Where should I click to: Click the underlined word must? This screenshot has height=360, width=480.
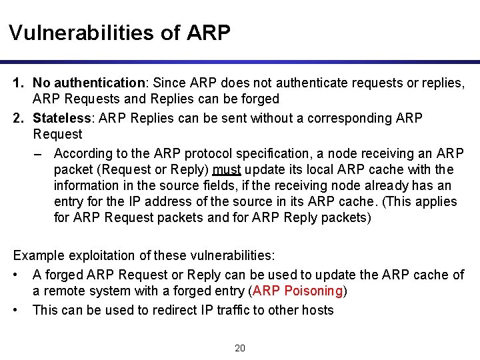(227, 169)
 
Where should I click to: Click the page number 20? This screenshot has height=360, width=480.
(240, 347)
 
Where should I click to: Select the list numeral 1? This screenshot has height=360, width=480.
(18, 83)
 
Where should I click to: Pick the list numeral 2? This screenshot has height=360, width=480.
(18, 118)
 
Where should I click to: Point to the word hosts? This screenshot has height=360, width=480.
(317, 309)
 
